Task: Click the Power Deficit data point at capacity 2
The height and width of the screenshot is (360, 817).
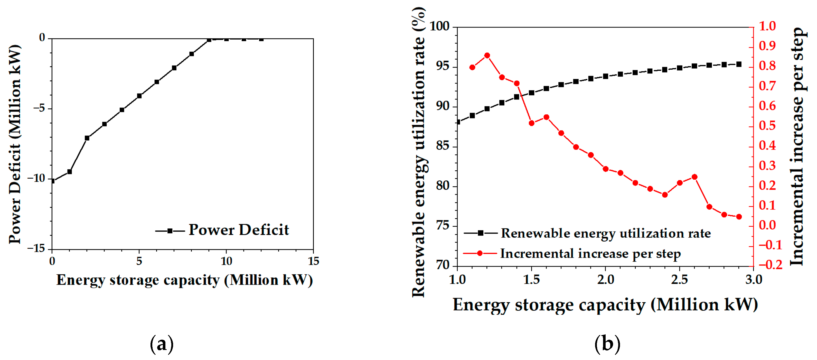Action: [x=87, y=138]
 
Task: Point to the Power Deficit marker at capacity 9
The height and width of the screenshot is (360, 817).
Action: [x=209, y=40]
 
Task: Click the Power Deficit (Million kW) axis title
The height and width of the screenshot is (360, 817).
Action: [x=15, y=144]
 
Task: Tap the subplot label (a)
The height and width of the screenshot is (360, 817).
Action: [x=162, y=344]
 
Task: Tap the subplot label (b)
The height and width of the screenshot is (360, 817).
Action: [x=607, y=344]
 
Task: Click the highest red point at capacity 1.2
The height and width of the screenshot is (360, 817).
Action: [x=487, y=56]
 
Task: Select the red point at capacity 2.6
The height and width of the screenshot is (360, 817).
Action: [x=694, y=177]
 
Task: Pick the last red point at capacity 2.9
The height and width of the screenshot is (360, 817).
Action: [x=739, y=217]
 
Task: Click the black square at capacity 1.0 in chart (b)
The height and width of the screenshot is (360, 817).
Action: [x=458, y=122]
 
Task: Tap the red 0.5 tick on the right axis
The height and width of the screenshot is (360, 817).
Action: [x=767, y=126]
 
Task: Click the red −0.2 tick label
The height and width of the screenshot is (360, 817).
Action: [x=770, y=265]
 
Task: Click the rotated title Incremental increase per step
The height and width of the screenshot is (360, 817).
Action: [x=797, y=146]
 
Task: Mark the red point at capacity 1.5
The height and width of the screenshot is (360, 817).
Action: [x=532, y=123]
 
